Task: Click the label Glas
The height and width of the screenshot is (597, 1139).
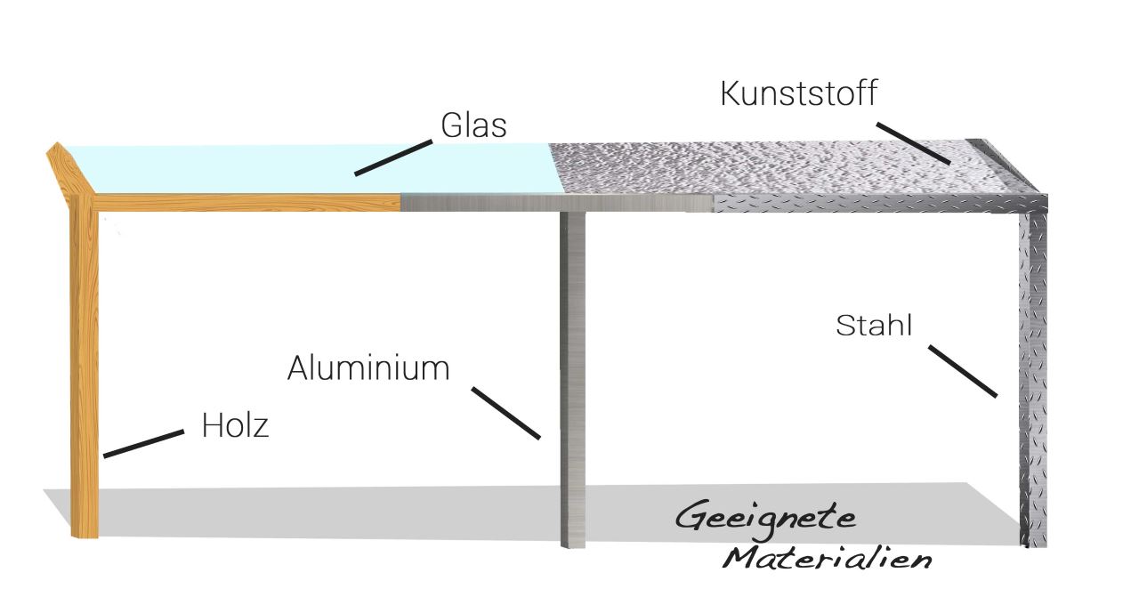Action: (473, 126)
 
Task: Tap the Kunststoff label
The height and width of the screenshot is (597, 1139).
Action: (798, 93)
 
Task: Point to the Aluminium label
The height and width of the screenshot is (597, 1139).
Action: (368, 367)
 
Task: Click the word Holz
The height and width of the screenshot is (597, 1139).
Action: (235, 425)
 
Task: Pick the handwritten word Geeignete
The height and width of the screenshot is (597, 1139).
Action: (765, 519)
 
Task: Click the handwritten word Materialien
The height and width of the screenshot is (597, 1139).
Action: (827, 560)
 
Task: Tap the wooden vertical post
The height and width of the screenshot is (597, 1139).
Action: (84, 374)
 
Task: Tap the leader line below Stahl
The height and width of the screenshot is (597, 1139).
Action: (963, 370)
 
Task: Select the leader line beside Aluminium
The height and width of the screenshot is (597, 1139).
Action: (505, 413)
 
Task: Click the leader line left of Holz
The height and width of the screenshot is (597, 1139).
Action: (143, 444)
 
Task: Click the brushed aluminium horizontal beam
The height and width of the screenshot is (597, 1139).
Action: (552, 203)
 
